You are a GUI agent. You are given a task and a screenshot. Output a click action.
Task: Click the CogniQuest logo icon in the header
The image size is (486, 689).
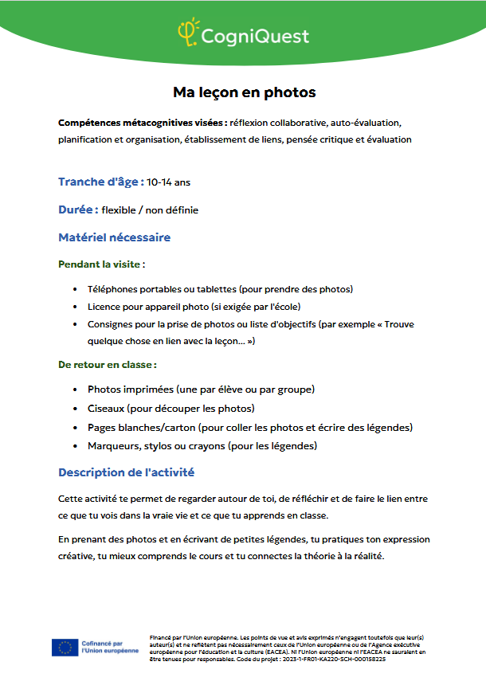pyautogui.click(x=187, y=33)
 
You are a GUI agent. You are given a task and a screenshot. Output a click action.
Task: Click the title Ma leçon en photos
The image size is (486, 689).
pyautogui.click(x=245, y=92)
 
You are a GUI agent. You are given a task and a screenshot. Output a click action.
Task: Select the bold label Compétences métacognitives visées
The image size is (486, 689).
pyautogui.click(x=142, y=123)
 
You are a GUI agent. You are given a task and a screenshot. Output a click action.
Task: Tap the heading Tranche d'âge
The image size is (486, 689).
pyautogui.click(x=100, y=182)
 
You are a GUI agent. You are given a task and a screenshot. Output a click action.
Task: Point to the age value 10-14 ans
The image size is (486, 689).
pyautogui.click(x=168, y=182)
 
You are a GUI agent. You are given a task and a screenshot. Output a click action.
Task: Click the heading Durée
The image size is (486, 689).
pyautogui.click(x=78, y=209)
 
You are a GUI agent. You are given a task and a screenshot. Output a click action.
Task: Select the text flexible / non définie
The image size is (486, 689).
pyautogui.click(x=150, y=210)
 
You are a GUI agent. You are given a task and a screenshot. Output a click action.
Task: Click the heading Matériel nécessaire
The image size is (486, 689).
pyautogui.click(x=114, y=237)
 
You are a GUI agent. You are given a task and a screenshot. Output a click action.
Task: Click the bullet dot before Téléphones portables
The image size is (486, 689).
pyautogui.click(x=75, y=289)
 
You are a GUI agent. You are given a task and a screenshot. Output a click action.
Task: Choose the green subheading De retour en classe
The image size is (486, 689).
pyautogui.click(x=106, y=364)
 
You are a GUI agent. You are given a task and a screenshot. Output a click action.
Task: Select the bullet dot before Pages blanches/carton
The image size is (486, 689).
pyautogui.click(x=75, y=428)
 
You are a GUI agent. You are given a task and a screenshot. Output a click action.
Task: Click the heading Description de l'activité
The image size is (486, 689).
pyautogui.click(x=126, y=472)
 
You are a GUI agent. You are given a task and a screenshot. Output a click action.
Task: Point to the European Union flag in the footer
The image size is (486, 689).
pyautogui.click(x=65, y=648)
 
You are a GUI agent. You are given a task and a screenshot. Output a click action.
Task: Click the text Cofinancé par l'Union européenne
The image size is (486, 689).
pyautogui.click(x=109, y=647)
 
